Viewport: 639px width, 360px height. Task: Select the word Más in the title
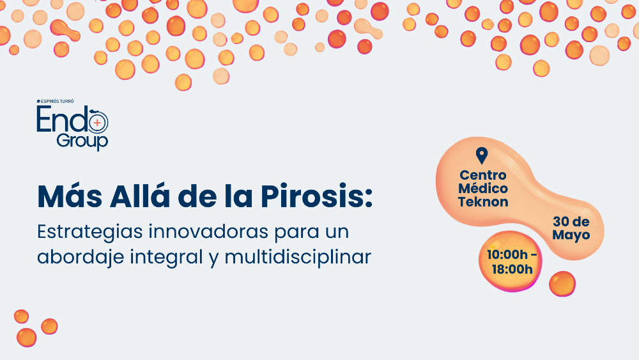click(70, 196)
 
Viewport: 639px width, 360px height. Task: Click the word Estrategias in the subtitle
click(89, 232)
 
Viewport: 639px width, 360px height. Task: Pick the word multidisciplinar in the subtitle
click(298, 256)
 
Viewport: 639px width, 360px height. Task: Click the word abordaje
click(81, 257)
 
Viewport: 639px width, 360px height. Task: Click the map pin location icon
click(482, 155)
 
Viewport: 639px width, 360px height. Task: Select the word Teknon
click(483, 202)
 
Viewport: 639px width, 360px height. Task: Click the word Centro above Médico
click(483, 175)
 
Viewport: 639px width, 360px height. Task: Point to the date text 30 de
click(571, 221)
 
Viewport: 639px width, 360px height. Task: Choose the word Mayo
click(571, 235)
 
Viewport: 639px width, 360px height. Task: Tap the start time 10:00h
click(507, 254)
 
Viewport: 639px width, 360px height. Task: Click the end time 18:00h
click(512, 269)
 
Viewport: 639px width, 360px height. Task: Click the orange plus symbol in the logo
click(97, 122)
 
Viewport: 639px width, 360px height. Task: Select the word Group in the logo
click(82, 141)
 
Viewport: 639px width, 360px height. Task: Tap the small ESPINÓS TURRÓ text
click(56, 101)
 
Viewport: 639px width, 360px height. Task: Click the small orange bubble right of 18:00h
click(562, 284)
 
